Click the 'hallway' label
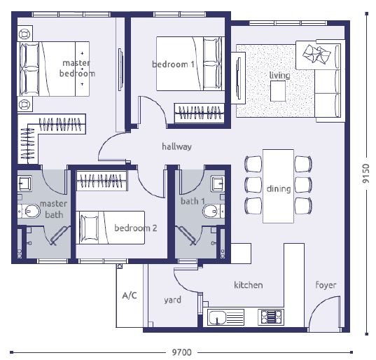pos(176,146)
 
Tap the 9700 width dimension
pos(182,352)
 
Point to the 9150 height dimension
pos(366,174)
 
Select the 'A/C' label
pos(130,296)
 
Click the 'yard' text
pos(172,300)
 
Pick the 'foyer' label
pos(326,285)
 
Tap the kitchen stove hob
pos(271,317)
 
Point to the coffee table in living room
pos(278,91)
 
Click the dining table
pos(278,186)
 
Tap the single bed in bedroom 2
pos(111,228)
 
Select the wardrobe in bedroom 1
pos(200,113)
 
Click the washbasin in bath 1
pos(218,184)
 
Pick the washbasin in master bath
pos(25,184)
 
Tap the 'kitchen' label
pos(248,285)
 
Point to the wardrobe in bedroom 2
pos(102,181)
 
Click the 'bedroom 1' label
pos(173,64)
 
